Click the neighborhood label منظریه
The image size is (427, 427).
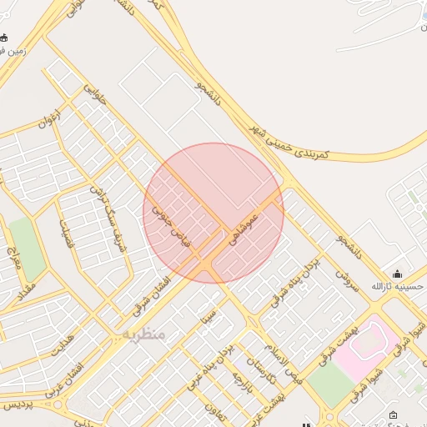(143, 333)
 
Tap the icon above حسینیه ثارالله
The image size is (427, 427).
(398, 274)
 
